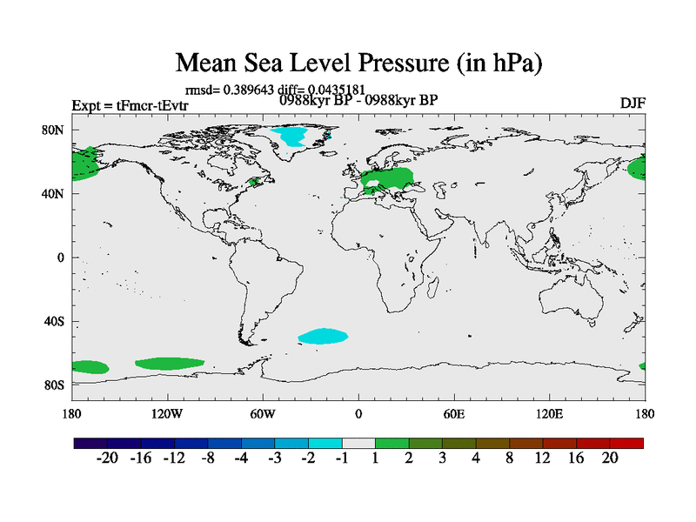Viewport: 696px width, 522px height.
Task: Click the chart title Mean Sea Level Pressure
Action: [359, 63]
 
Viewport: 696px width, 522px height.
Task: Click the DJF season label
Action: [632, 103]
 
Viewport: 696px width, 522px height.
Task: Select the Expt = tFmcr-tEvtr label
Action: [130, 106]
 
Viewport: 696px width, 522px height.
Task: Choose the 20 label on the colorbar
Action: [609, 458]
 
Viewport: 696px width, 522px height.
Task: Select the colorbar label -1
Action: [341, 458]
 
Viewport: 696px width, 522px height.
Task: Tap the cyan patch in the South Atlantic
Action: [323, 336]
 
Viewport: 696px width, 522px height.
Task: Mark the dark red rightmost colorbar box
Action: [626, 443]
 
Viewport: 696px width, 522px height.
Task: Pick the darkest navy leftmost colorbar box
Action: [90, 443]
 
